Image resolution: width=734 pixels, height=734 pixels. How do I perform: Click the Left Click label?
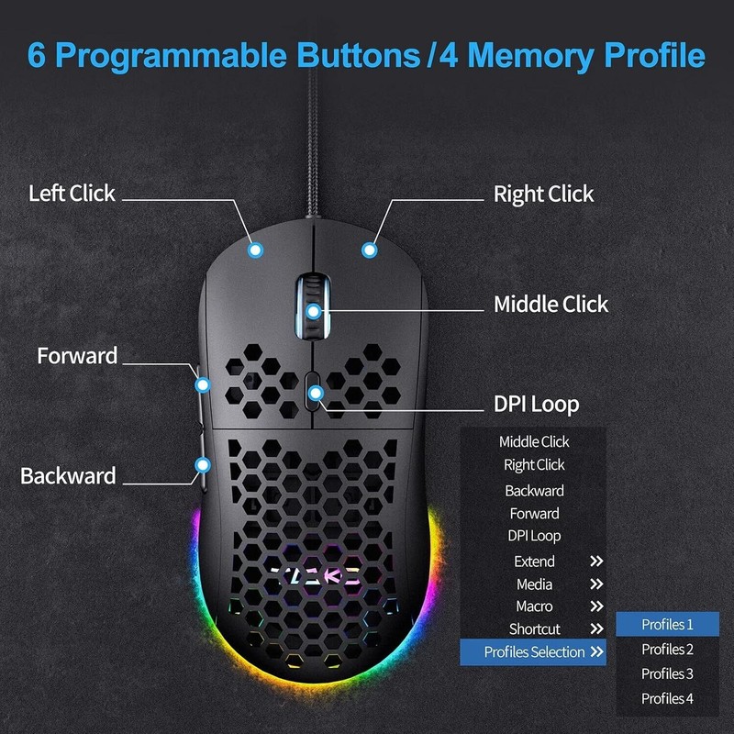coord(72,194)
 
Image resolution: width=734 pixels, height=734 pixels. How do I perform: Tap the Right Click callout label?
coord(543,195)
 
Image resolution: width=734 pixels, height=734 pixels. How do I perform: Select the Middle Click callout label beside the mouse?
coord(550,305)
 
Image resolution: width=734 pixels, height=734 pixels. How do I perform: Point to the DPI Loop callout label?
coord(536,405)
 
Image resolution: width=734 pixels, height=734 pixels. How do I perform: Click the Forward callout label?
coord(77,356)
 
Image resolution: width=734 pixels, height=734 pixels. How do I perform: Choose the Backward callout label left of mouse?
coord(68,476)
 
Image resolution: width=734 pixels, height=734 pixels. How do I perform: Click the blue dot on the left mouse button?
coord(256,248)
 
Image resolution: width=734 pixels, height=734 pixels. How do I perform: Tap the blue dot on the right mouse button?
coord(369,248)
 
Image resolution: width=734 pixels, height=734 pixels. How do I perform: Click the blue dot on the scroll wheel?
coord(314,311)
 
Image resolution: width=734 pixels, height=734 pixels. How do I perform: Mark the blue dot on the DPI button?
coord(315,394)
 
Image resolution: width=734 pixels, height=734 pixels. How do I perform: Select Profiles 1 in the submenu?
coord(667,625)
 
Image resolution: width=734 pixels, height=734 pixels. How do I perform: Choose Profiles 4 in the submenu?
coord(667,698)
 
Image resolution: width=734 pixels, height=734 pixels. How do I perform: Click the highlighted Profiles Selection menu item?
coord(534,652)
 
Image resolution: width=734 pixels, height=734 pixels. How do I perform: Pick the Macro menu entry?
coord(534,606)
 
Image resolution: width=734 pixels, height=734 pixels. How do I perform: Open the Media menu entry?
coord(534,584)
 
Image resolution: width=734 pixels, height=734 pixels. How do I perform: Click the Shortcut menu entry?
coord(534,629)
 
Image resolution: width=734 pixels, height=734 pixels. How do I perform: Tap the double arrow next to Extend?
coord(596,562)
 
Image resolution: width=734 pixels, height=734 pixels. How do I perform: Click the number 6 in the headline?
coord(38,54)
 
